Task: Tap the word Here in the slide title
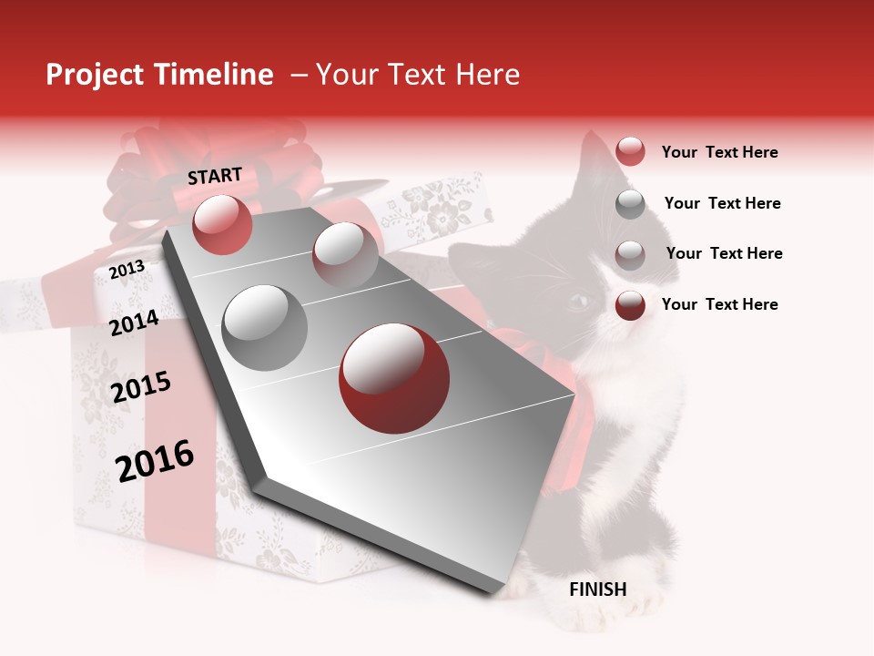tap(487, 75)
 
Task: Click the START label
tap(215, 175)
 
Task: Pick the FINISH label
tap(597, 589)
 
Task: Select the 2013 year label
tap(127, 269)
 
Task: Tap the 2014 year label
tap(134, 323)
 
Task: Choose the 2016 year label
tap(155, 460)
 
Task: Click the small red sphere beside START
tap(222, 224)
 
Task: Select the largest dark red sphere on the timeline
tap(393, 378)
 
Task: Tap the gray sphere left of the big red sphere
tap(265, 327)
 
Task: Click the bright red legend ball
tap(630, 151)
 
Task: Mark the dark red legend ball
tap(630, 305)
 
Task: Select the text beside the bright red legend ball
tap(719, 152)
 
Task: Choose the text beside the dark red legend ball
tap(719, 304)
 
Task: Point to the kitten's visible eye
tap(578, 300)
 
